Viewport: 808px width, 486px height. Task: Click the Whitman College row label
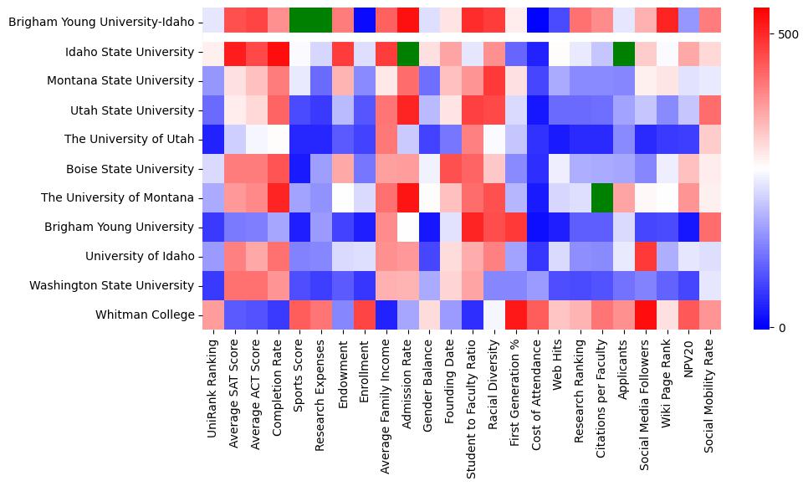154,315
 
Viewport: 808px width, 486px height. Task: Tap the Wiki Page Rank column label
667,389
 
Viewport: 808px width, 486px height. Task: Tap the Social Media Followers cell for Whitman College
646,315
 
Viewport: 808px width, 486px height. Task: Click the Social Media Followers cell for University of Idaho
646,257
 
